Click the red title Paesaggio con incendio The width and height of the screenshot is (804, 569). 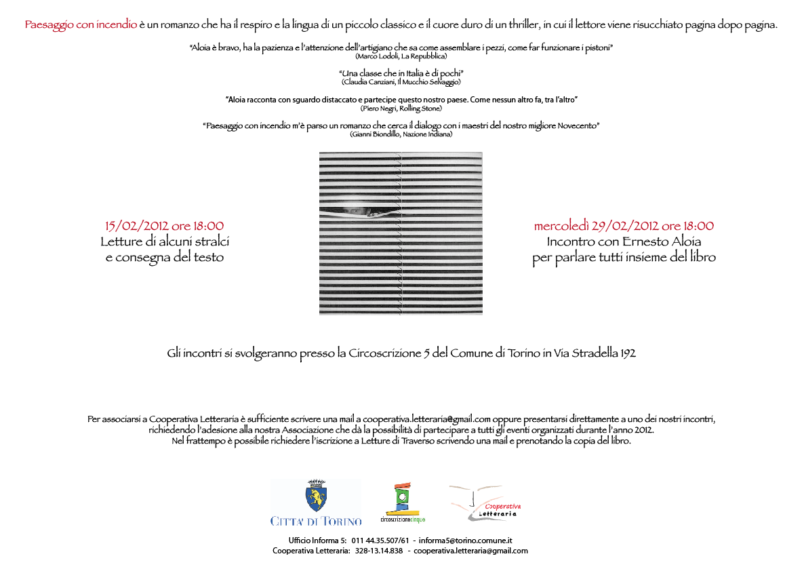(81, 25)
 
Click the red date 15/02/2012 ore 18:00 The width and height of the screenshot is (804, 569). (164, 226)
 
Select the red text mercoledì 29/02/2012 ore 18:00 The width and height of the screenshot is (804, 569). (624, 226)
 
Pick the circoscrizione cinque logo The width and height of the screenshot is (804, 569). (402, 502)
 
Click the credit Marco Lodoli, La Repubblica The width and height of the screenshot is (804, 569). (401, 56)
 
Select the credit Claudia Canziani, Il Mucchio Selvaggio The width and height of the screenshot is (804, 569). (401, 82)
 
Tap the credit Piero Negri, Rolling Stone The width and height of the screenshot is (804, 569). (401, 108)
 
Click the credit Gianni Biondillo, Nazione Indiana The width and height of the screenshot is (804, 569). (401, 134)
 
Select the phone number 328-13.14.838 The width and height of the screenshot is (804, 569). (379, 551)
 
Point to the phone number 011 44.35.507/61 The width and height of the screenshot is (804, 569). (380, 541)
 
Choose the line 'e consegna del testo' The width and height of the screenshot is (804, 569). (164, 257)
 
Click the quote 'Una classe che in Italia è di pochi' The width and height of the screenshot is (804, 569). (401, 73)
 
